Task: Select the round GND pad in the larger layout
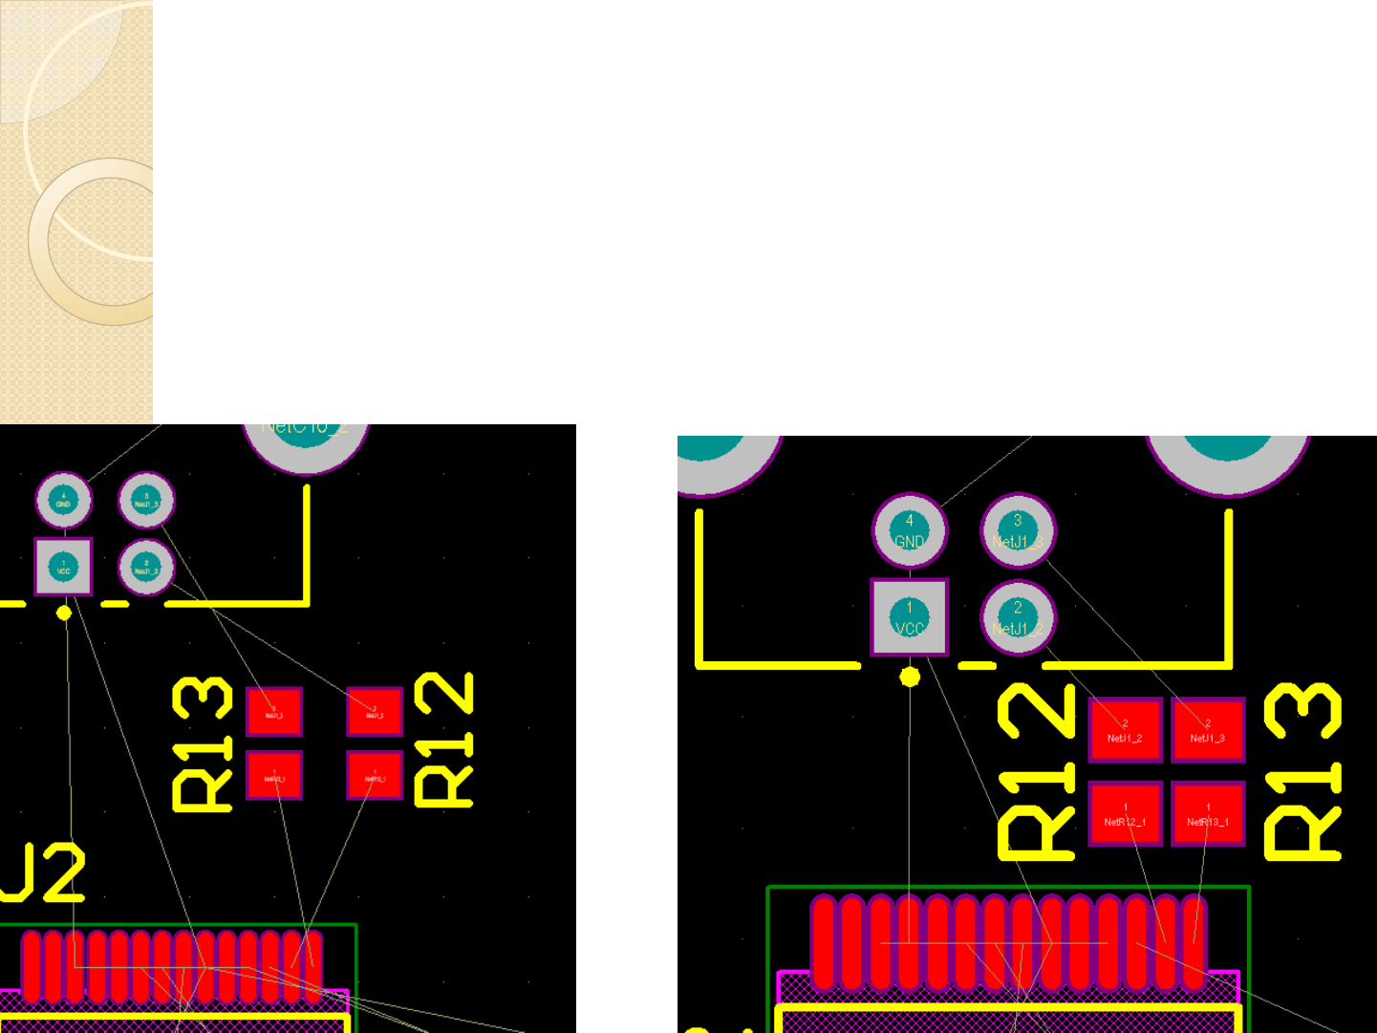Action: [x=909, y=530]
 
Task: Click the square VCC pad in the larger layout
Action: [x=909, y=617]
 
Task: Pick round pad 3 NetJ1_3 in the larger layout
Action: [x=1018, y=530]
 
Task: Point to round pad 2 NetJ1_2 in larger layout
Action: [x=1018, y=617]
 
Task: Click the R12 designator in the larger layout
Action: [x=1036, y=770]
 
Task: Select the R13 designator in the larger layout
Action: [x=1302, y=770]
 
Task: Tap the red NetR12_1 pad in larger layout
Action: [x=1125, y=814]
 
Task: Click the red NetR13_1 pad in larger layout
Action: [x=1208, y=814]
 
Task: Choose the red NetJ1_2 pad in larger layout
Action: [x=1125, y=731]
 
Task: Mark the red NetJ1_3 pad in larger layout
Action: [x=1208, y=731]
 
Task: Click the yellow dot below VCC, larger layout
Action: [x=910, y=677]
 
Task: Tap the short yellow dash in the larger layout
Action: [x=976, y=665]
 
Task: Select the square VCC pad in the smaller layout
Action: [x=63, y=567]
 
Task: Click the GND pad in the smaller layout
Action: [x=63, y=500]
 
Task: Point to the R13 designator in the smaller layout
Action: [x=203, y=743]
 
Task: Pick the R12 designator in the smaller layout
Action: [x=444, y=739]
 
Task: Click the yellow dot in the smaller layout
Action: [x=64, y=613]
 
